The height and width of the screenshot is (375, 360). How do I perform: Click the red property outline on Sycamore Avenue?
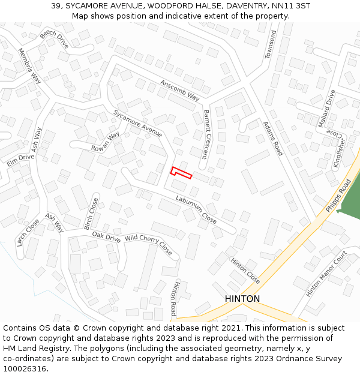coord(181,173)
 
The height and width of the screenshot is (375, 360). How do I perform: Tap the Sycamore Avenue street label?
coord(137,123)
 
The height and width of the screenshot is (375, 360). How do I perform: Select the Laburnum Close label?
coord(196,209)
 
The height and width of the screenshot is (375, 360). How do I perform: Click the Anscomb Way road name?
coord(179,90)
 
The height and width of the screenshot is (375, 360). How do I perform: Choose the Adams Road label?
coord(273,139)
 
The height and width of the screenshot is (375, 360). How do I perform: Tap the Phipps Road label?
coord(338,196)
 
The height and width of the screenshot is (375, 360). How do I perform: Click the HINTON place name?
coord(242,299)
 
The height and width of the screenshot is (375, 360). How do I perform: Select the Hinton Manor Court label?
coord(326,274)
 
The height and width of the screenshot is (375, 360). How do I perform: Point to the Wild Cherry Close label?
coord(148,244)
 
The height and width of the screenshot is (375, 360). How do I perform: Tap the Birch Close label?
coord(91,214)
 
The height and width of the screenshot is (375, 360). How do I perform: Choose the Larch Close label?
coord(28,232)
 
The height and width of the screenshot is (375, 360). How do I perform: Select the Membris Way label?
coord(29,65)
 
